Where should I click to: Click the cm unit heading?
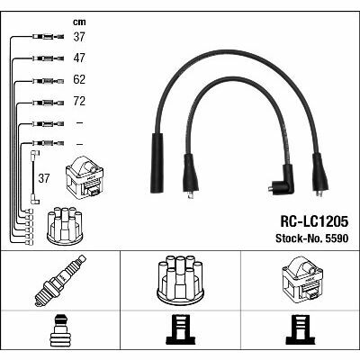pyautogui.click(x=79, y=22)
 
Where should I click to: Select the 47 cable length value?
pyautogui.click(x=79, y=58)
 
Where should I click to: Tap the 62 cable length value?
pyautogui.click(x=79, y=79)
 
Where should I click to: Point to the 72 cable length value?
pyautogui.click(x=79, y=101)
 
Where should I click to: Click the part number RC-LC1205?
pyautogui.click(x=314, y=222)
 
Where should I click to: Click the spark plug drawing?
pyautogui.click(x=60, y=281)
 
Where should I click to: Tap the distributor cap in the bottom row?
pyautogui.click(x=180, y=279)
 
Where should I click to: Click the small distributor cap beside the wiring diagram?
pyautogui.click(x=65, y=226)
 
